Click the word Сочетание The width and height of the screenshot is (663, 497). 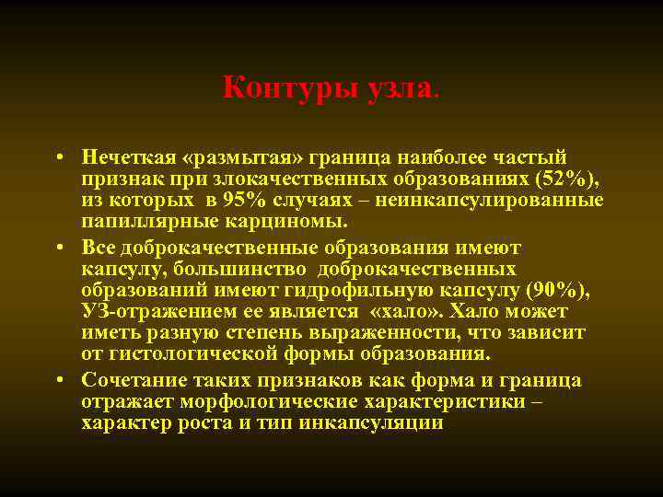[138, 381]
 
